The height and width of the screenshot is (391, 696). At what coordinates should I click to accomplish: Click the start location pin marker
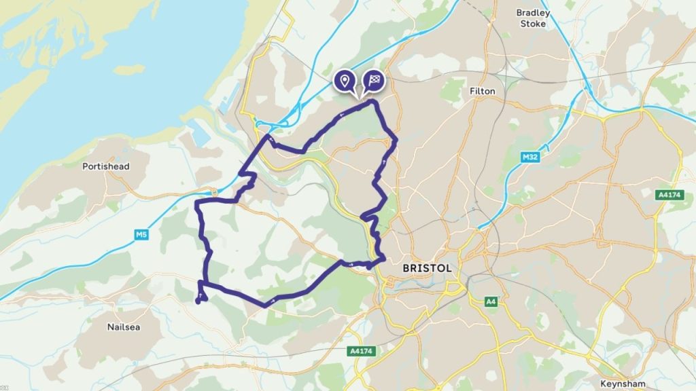coord(345,81)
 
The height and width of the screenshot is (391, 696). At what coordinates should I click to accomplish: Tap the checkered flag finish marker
coord(373,81)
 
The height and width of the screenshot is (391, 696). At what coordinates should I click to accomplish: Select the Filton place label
coord(483,91)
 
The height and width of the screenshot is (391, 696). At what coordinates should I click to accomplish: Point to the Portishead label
coord(105,166)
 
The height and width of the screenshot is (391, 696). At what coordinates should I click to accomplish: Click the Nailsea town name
coord(124,327)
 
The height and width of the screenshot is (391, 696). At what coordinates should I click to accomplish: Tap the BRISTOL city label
coord(427,268)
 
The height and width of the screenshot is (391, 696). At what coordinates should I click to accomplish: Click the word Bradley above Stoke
coord(534,12)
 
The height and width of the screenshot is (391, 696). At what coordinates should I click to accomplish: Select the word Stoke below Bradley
coord(534,24)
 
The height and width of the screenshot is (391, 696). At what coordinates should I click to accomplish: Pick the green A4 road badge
coord(491,301)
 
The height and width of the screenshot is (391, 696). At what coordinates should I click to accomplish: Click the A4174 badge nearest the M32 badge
coord(669,195)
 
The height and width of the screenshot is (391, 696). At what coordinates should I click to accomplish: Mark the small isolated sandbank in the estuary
coord(128,69)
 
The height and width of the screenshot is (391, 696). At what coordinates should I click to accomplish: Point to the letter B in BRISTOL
coord(406,268)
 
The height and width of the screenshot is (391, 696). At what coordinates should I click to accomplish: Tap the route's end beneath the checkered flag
coord(372,102)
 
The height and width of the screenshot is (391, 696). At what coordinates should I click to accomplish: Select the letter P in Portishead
coord(85,166)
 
